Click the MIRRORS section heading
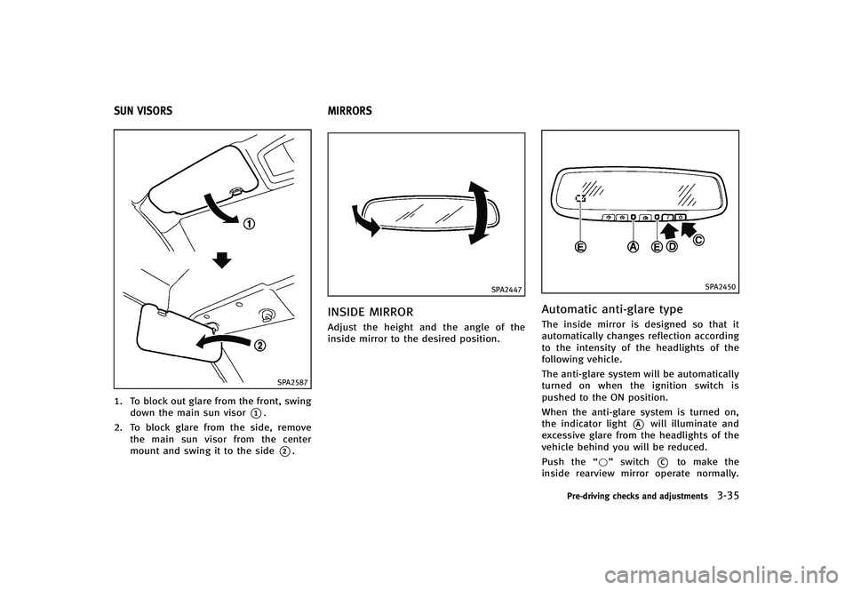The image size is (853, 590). click(350, 111)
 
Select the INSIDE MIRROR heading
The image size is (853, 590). click(370, 313)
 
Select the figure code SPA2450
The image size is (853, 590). click(721, 287)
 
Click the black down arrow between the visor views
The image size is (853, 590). click(222, 261)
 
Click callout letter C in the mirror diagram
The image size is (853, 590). click(699, 240)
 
